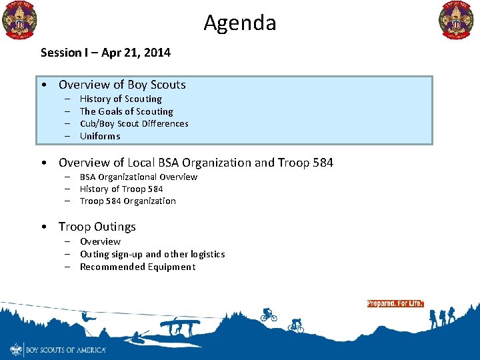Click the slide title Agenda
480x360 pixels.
click(240, 23)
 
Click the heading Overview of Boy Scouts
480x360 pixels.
click(122, 85)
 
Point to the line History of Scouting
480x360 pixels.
click(121, 99)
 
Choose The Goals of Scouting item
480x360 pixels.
click(126, 111)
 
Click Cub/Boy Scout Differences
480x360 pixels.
click(134, 123)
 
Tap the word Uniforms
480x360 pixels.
click(100, 136)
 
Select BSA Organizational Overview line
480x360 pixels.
click(139, 177)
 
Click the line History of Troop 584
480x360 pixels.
click(121, 189)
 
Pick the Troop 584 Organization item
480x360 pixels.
click(128, 201)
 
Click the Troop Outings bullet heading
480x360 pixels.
click(97, 227)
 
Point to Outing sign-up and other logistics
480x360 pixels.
click(152, 254)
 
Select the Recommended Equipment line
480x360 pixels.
click(137, 267)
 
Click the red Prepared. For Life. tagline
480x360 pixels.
click(395, 303)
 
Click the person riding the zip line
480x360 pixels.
click(86, 329)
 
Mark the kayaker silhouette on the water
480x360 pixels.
click(140, 337)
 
